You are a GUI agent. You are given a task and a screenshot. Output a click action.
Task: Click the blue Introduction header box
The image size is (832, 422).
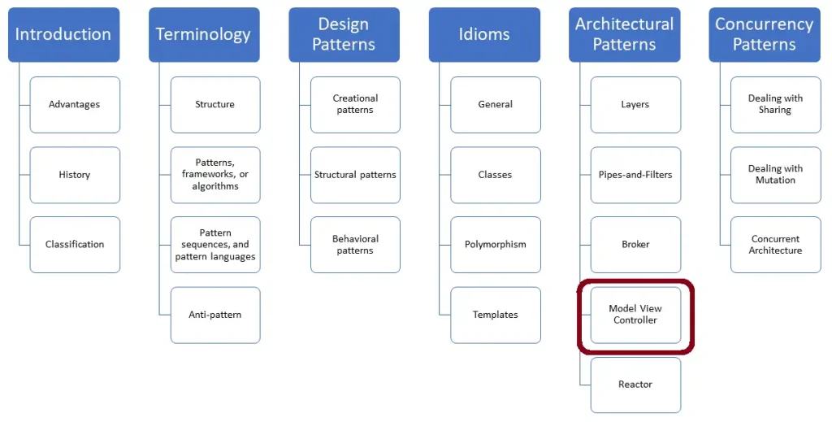pos(63,35)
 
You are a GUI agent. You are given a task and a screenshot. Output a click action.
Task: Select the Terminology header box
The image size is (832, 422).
pos(204,35)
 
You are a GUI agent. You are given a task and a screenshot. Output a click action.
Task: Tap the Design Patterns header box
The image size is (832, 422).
pos(344,35)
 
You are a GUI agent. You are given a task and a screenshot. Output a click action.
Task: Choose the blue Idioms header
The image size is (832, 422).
pos(484,35)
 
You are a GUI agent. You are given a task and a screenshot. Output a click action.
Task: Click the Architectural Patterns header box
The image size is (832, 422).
pos(624,35)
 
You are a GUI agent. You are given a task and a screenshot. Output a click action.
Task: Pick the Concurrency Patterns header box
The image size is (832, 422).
pos(765,35)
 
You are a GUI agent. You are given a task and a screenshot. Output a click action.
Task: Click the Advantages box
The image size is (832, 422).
pos(75,105)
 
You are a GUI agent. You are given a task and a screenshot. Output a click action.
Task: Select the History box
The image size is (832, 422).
pos(75,175)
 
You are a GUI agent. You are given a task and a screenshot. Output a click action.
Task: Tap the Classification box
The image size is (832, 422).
pos(75,245)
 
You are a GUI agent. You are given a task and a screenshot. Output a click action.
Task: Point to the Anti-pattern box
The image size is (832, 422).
pos(215,315)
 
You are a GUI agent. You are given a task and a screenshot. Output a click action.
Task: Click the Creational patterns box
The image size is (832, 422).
pos(355,105)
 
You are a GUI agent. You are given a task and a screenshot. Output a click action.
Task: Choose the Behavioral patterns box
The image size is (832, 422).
pos(355,245)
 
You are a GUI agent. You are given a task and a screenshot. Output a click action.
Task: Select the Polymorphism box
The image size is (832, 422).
pos(496,245)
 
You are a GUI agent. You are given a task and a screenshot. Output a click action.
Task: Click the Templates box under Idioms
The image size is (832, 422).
pos(496,315)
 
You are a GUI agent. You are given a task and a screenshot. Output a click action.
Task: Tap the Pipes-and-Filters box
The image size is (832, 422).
pos(635,175)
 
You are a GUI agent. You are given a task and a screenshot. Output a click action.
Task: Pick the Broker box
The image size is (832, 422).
pos(635,245)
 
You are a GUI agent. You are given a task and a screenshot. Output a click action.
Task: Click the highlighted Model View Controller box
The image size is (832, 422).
pos(635,315)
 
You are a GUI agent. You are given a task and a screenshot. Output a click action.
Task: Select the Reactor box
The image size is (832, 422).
pos(635,385)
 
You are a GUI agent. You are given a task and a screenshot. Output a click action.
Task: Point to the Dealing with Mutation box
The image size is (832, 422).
pos(775,175)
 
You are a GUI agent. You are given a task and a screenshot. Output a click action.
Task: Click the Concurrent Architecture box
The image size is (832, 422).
pos(775,245)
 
